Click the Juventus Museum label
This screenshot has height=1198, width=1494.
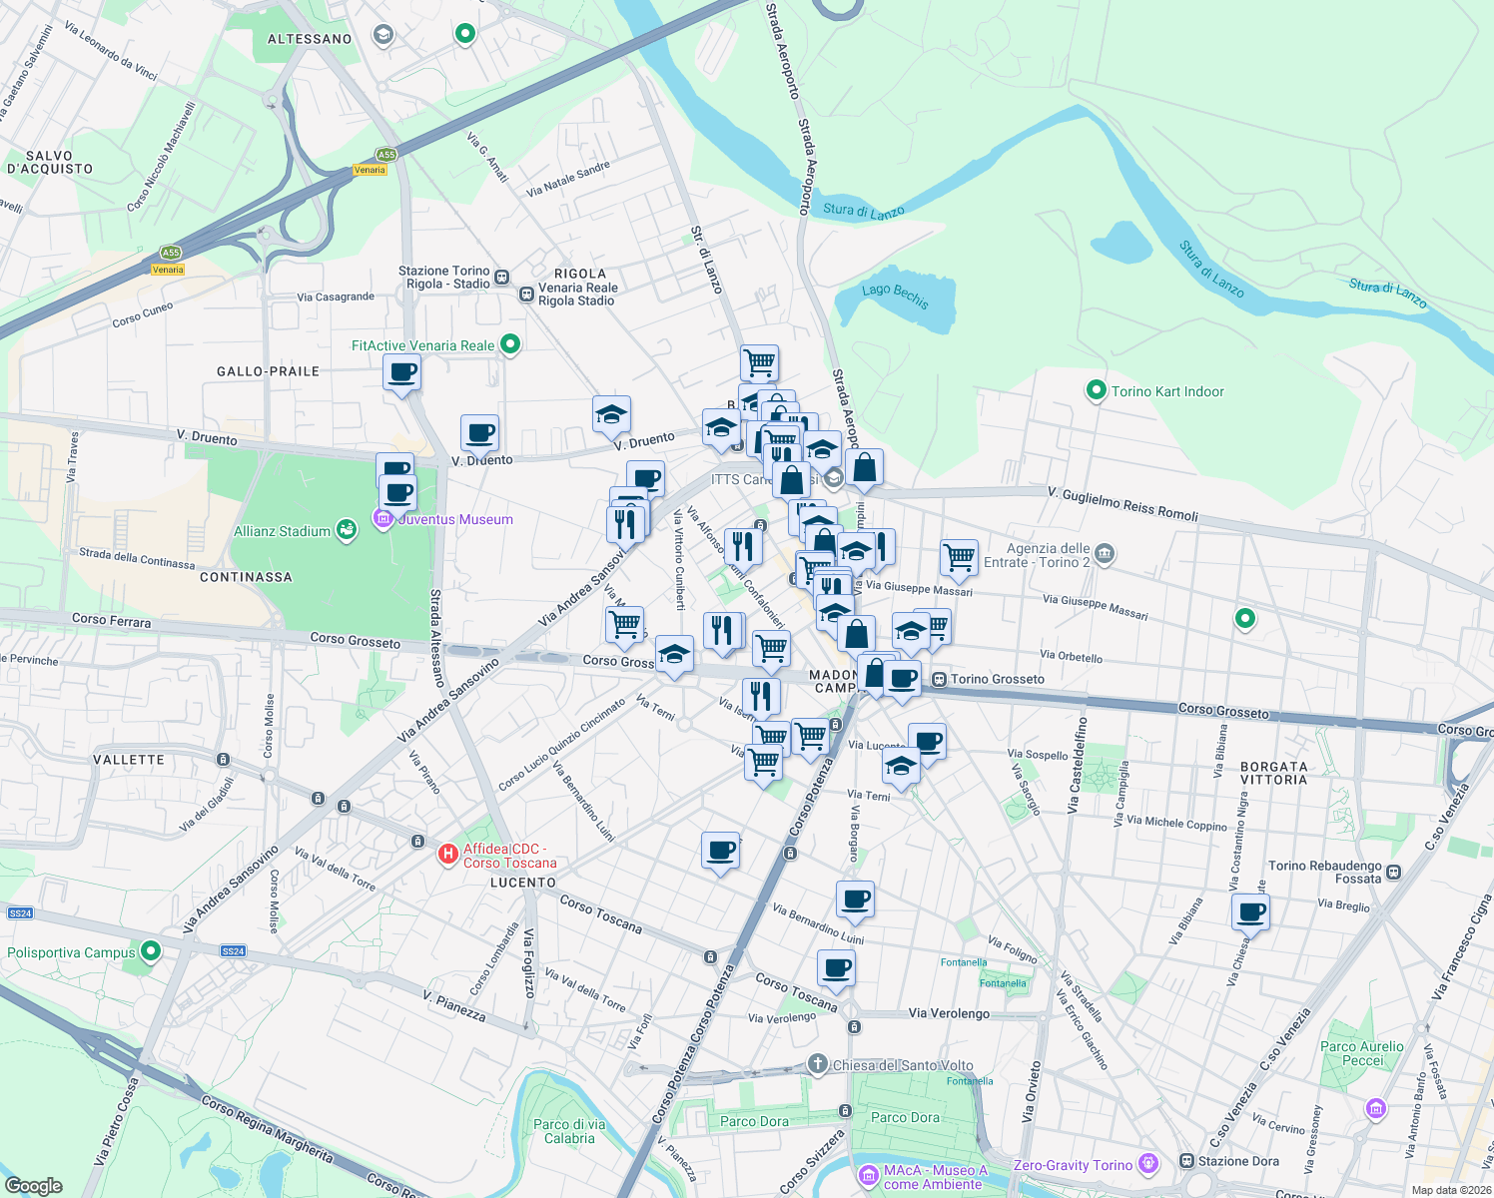pos(456,519)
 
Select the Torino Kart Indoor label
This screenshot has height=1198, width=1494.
pos(1167,391)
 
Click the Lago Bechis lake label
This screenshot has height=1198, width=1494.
pos(896,297)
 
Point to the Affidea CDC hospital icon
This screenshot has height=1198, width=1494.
pos(448,855)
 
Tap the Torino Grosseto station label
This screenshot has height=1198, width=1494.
pos(997,679)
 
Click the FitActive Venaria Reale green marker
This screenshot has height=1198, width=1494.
pos(510,344)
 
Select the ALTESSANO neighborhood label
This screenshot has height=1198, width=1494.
pos(310,39)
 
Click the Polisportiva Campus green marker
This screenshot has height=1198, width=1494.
pos(151,950)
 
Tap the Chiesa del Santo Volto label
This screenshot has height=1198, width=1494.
pos(903,1065)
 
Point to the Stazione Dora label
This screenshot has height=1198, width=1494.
pos(1238,1161)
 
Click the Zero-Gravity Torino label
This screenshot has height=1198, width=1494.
pos(1073,1165)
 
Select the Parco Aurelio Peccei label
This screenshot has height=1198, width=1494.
pos(1361,1053)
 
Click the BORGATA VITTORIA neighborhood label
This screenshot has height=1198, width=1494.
pos(1273,773)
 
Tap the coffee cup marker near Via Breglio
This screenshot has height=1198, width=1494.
pos(1250,910)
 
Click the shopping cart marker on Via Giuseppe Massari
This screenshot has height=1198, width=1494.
pos(959,557)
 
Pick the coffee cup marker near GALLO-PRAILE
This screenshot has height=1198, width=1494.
pos(401,373)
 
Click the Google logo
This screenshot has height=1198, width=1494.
pos(34,1185)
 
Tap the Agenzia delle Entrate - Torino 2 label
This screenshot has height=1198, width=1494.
pos(1047,555)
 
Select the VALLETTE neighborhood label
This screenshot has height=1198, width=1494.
pos(129,760)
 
